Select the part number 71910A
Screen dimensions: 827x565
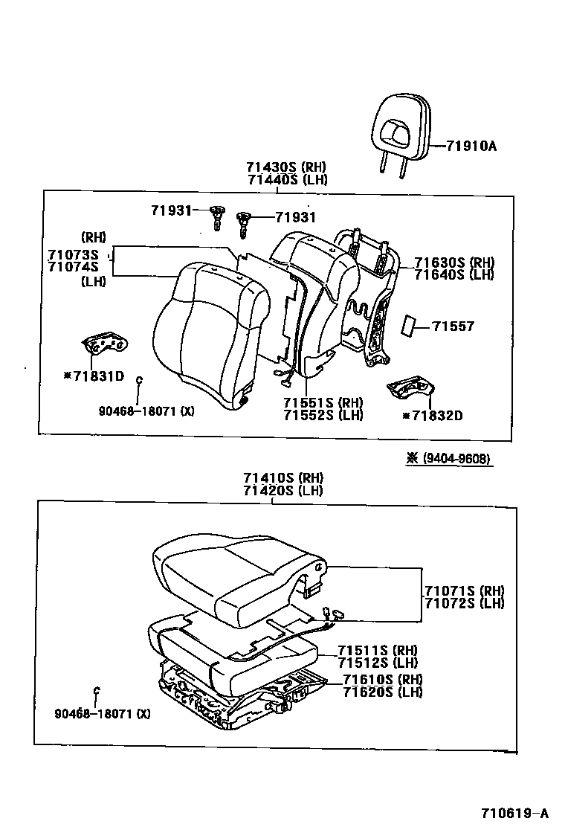coord(471,147)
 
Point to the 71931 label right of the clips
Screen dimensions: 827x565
coord(295,217)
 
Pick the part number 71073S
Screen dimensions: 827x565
coord(73,254)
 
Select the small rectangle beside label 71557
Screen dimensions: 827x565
coord(410,326)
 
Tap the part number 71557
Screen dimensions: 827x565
coord(453,326)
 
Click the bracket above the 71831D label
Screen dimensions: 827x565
coord(104,346)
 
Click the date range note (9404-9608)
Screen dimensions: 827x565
coord(449,459)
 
